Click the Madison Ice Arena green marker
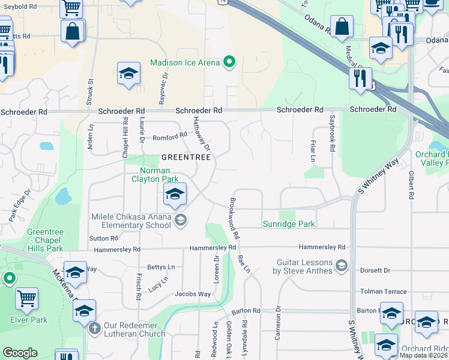pos(229,62)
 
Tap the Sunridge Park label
pos(289,224)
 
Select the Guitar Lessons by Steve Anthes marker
pos(342,265)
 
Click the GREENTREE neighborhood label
pos(185,157)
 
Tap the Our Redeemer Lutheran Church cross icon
pos(94,329)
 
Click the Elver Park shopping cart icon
pos(26,298)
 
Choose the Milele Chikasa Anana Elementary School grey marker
pos(180,221)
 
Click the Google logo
pos(20,353)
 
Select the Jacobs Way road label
pos(193,294)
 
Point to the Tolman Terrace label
pos(383,292)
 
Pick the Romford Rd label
pos(170,137)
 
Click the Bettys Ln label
pos(160,267)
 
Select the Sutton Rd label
pos(103,238)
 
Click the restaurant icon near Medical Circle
pos(361,79)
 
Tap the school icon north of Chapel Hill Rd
pos(128,74)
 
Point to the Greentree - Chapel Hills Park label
pos(45,240)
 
